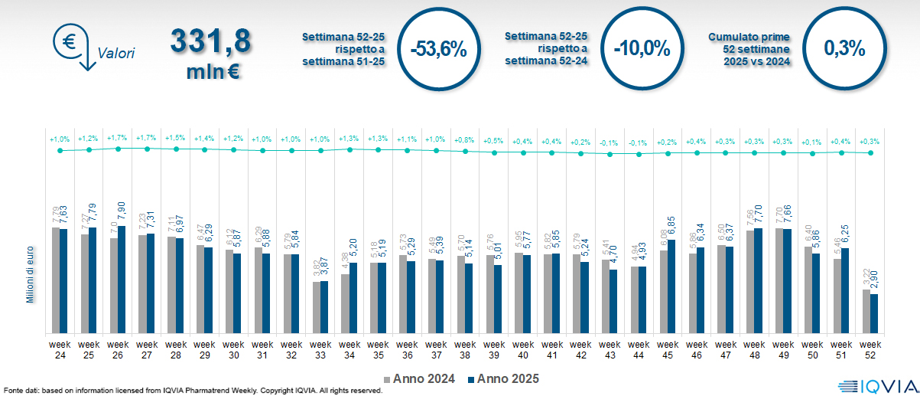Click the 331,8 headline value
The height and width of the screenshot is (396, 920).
point(211,42)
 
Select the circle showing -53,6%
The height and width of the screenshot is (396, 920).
point(438,49)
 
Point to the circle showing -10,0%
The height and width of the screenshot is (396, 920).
point(642,49)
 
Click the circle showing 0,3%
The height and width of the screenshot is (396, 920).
point(844,49)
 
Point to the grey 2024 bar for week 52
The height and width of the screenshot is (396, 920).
point(866,311)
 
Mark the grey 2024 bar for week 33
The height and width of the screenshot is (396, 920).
point(316,308)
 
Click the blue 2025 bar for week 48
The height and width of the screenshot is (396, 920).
point(759,280)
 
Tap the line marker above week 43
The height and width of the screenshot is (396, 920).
point(610,154)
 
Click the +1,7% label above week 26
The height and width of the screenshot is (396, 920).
point(118,139)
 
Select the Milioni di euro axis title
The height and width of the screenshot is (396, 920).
point(31,271)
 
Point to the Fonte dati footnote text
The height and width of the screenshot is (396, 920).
point(191,391)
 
